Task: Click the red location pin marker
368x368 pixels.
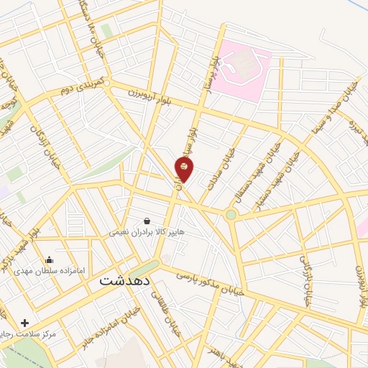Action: pyautogui.click(x=184, y=170)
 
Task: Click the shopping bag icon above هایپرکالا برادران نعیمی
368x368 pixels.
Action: pyautogui.click(x=147, y=221)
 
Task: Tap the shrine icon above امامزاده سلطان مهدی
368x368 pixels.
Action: pyautogui.click(x=49, y=259)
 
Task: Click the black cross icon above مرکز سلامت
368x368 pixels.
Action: pyautogui.click(x=26, y=323)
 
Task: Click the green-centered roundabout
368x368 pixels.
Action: pyautogui.click(x=231, y=214)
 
